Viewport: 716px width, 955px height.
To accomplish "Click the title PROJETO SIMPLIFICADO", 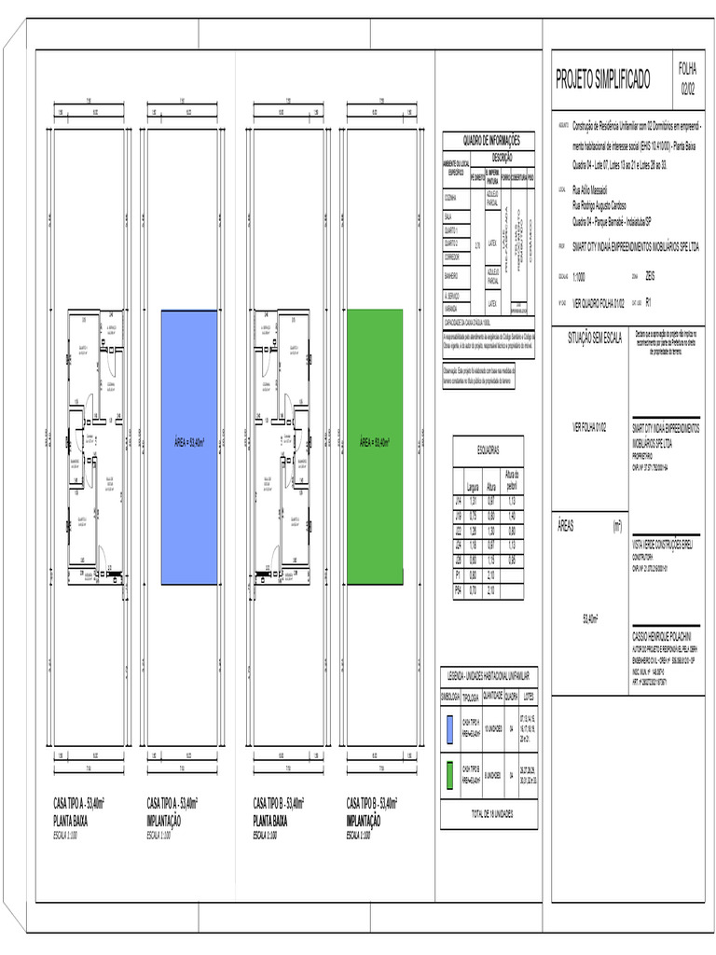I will point(603,79).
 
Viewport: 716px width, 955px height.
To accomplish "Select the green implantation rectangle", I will point(375,447).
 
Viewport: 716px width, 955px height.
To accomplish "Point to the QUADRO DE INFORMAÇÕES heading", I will point(489,140).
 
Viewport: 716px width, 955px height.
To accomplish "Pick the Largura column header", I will point(473,487).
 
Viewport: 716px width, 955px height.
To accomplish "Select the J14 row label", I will point(458,501).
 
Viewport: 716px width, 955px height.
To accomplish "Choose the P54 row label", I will point(458,590).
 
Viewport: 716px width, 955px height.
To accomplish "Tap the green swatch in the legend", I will point(449,775).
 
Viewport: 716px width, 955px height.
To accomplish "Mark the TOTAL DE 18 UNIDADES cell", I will point(489,813).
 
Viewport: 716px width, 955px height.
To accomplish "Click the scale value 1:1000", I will point(580,277).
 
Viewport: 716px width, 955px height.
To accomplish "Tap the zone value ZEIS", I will point(650,277).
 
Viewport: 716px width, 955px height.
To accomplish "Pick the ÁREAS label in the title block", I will point(566,526).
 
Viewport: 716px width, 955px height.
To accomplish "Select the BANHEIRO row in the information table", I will point(454,276).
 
